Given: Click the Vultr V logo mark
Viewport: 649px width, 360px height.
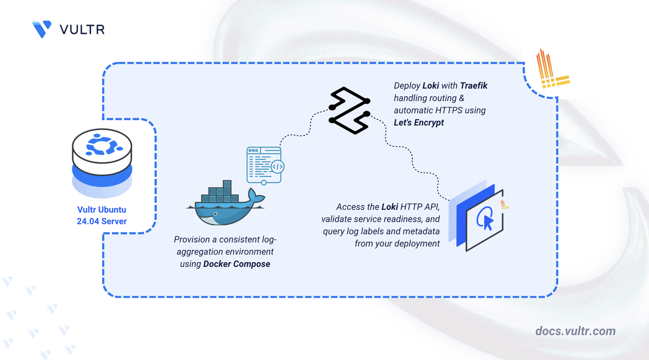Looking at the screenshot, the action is (42, 29).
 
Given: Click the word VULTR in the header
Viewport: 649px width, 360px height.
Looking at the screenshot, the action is (82, 29).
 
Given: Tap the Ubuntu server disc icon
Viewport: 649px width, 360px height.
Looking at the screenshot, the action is (102, 163).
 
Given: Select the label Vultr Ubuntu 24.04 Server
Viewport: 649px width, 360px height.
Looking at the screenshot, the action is (102, 215).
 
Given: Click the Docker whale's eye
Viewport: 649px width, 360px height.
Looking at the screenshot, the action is (215, 213).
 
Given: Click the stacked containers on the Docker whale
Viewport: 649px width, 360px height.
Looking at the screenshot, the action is (220, 193).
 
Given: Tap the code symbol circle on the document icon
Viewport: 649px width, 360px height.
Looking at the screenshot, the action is (277, 167).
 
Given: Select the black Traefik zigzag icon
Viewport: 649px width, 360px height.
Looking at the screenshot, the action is (349, 111).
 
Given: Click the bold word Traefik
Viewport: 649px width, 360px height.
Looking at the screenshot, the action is (474, 86).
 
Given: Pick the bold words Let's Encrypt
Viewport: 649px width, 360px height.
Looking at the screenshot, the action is (419, 122).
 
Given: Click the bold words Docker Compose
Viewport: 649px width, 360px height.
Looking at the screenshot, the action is (237, 264).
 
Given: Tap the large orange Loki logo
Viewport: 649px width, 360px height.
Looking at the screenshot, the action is (552, 69).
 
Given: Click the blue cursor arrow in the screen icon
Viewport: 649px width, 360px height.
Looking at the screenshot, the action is (488, 223).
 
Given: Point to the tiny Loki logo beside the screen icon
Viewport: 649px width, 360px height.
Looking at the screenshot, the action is (504, 205).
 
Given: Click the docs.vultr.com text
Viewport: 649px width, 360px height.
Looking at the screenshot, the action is (575, 331).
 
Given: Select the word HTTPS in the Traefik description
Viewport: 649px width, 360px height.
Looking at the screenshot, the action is (449, 110).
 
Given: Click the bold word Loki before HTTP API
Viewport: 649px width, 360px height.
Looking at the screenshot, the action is (390, 207).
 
